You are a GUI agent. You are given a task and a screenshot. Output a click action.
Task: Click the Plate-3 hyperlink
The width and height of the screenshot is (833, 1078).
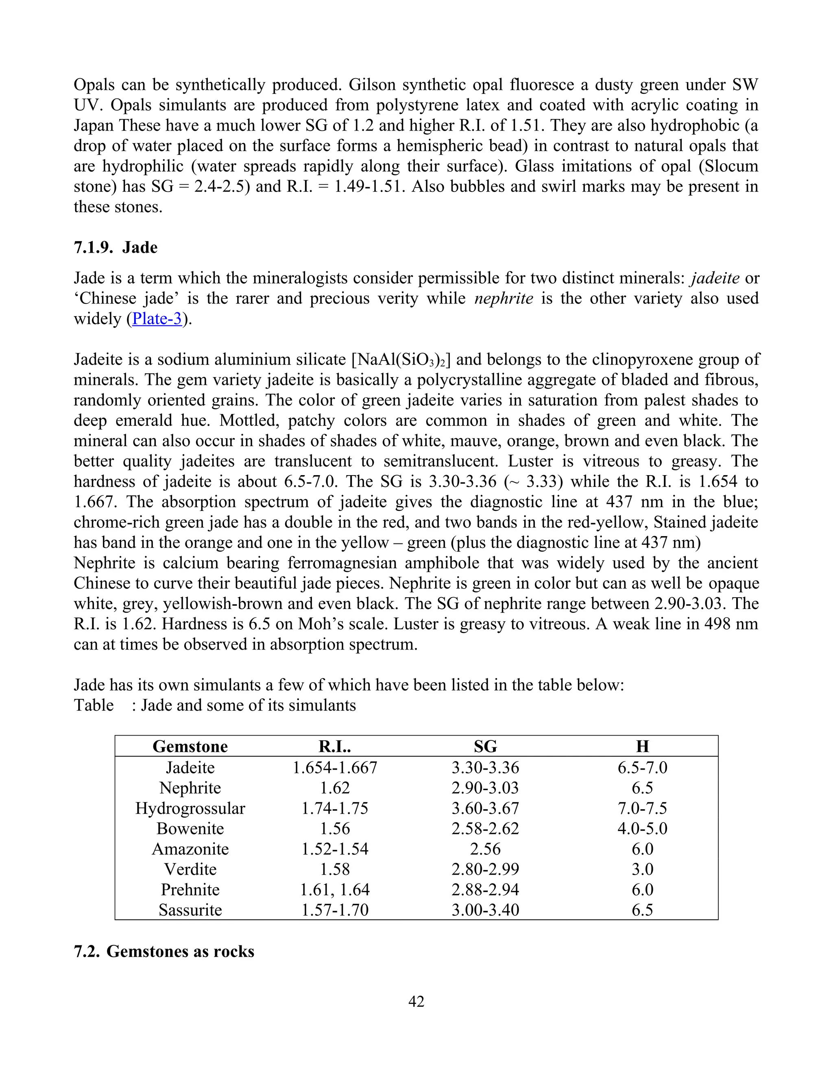point(157,319)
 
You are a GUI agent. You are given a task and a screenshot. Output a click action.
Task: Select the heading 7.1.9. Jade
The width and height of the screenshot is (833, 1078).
point(116,247)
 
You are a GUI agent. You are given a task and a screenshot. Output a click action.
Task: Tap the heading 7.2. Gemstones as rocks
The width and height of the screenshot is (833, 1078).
point(164,951)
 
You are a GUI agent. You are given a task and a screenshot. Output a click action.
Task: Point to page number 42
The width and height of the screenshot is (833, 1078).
point(416,1002)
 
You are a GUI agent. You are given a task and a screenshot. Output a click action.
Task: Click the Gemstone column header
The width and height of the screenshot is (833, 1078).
point(190,746)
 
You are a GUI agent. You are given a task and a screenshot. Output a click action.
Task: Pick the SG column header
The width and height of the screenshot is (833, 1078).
point(485,746)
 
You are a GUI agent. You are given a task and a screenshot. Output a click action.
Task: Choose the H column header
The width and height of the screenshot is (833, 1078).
point(642,746)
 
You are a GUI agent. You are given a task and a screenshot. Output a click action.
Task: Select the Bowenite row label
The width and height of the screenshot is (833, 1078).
point(190,829)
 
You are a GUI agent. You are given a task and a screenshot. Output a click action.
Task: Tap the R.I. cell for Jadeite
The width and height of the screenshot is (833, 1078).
point(335,768)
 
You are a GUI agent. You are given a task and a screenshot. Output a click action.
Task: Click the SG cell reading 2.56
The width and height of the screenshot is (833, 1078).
point(485,849)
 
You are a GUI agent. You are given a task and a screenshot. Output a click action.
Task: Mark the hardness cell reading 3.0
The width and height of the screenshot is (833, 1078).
point(642,869)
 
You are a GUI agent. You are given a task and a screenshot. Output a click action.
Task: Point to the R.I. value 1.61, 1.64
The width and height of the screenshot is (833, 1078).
point(335,889)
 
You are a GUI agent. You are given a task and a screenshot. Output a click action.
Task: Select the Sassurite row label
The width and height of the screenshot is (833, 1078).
point(190,910)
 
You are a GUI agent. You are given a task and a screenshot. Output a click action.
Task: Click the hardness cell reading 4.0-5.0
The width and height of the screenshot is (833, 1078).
point(642,829)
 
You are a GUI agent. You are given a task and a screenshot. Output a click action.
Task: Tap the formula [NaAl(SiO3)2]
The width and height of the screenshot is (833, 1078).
point(401,359)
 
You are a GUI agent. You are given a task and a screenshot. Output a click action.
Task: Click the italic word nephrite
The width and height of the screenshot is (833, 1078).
point(504,299)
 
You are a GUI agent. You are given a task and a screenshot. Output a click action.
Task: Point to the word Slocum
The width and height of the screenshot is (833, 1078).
point(731,166)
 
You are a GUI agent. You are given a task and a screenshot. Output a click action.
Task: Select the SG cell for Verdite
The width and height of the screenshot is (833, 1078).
point(485,869)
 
